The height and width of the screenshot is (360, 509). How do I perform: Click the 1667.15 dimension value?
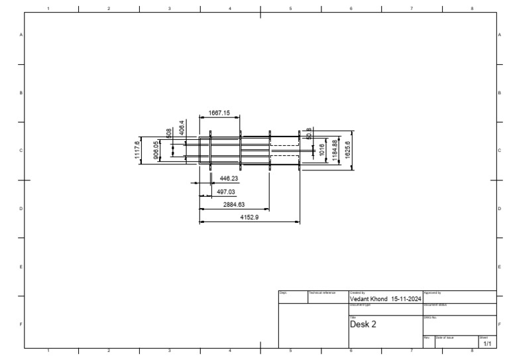pyautogui.click(x=219, y=113)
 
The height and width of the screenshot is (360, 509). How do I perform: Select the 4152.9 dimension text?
pyautogui.click(x=249, y=217)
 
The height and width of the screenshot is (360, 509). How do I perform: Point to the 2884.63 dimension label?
pyautogui.click(x=234, y=204)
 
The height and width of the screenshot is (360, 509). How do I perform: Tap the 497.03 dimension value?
pyautogui.click(x=227, y=192)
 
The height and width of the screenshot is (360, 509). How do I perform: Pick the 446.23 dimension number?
pyautogui.click(x=229, y=178)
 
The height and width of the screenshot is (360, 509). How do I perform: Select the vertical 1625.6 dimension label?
pyautogui.click(x=348, y=150)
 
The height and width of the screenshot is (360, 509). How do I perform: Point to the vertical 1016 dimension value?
pyautogui.click(x=322, y=150)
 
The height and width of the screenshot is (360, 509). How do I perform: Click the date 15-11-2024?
pyautogui.click(x=407, y=299)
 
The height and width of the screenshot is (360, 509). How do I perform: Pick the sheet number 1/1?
pyautogui.click(x=487, y=344)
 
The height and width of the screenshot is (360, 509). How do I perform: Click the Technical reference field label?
pyautogui.click(x=323, y=292)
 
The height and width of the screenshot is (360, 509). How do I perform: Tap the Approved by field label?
pyautogui.click(x=432, y=292)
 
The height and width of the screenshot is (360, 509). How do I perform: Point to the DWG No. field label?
pyautogui.click(x=429, y=317)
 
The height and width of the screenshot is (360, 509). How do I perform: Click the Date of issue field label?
pyautogui.click(x=445, y=337)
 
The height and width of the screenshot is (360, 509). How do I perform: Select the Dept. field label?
pyautogui.click(x=282, y=292)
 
